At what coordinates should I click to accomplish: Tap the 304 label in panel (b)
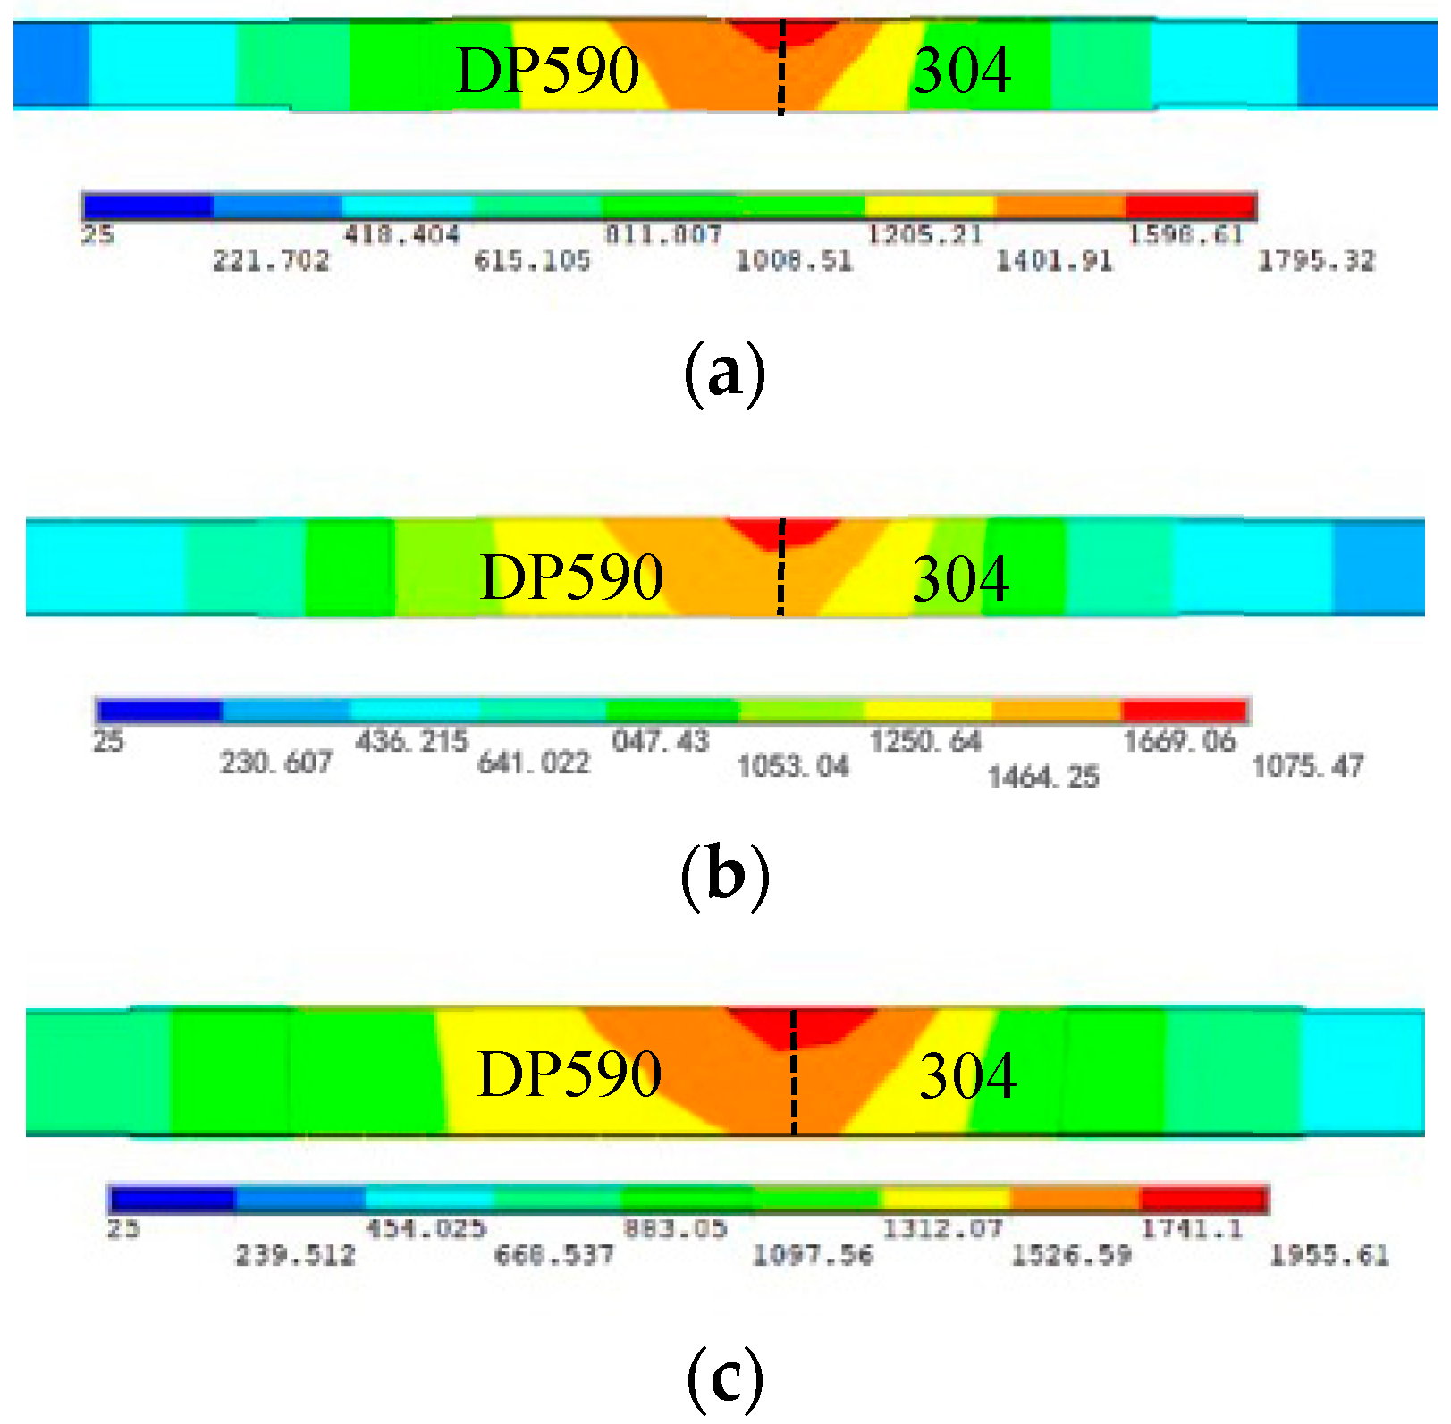[961, 578]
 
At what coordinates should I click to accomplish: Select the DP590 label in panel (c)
[570, 1074]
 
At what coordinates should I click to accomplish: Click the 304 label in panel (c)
[967, 1075]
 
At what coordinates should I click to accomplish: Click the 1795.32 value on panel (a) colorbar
[1316, 261]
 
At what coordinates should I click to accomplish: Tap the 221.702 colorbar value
[271, 261]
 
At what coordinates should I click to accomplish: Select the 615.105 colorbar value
[532, 261]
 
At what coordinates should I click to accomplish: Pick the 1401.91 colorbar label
[1055, 261]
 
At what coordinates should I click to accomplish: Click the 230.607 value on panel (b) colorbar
[276, 763]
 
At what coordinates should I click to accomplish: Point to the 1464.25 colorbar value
[1043, 776]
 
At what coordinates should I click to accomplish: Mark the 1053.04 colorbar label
[793, 766]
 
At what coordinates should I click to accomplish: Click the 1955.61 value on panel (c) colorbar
[1329, 1255]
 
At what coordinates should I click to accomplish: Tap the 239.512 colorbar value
[295, 1255]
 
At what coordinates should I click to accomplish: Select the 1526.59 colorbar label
[1071, 1255]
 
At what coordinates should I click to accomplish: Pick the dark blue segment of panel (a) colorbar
[148, 206]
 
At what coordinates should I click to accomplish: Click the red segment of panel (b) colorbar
[1184, 712]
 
